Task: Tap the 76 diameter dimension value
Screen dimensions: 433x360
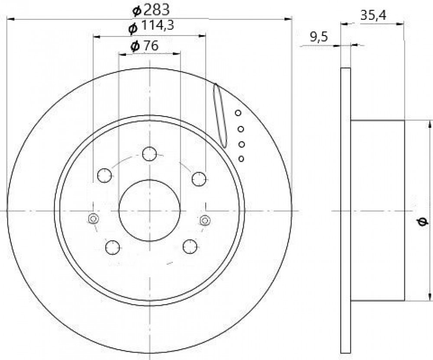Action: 145,46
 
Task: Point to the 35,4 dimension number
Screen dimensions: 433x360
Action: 373,16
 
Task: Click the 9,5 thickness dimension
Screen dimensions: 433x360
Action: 319,37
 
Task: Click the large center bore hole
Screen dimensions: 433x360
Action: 149,211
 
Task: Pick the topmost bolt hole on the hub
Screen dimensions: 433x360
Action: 149,154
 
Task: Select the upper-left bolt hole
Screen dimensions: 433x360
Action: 105,175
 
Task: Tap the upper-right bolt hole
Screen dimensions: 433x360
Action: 199,179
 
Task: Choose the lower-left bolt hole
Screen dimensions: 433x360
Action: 113,247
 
